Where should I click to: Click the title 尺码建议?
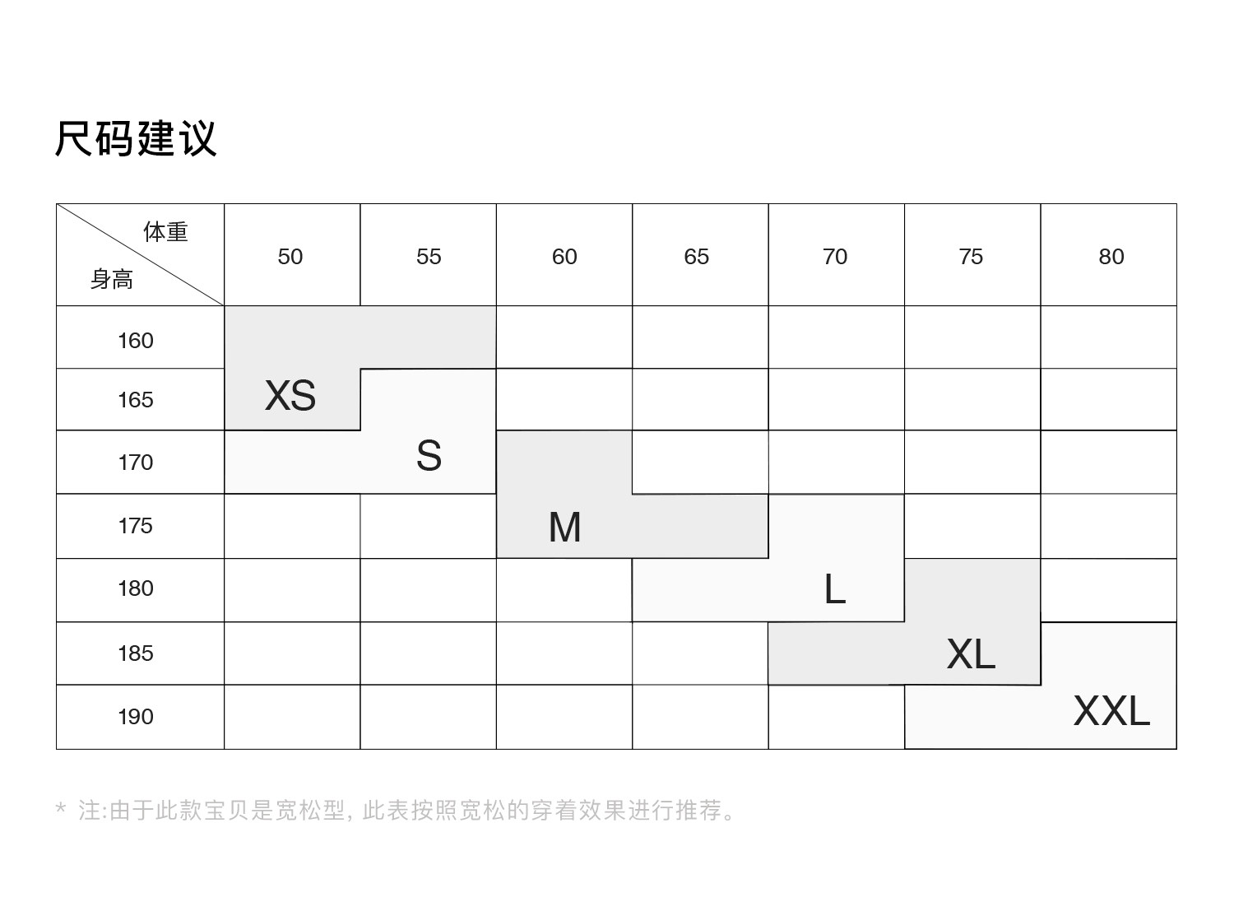136,138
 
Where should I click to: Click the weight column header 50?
290,257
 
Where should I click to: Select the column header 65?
697,257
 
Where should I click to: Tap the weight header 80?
1111,257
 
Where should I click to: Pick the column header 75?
971,257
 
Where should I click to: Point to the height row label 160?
136,341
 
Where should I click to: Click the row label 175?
136,526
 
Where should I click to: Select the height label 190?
136,717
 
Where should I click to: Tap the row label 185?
136,653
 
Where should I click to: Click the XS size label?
290,395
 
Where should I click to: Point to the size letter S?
429,455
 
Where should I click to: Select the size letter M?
564,527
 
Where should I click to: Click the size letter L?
834,588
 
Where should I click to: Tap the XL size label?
971,653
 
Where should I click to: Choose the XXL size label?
1111,711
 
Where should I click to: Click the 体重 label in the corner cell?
166,231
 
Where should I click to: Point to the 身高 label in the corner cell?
112,279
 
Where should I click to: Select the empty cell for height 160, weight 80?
1108,337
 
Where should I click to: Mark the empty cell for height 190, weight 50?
292,717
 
